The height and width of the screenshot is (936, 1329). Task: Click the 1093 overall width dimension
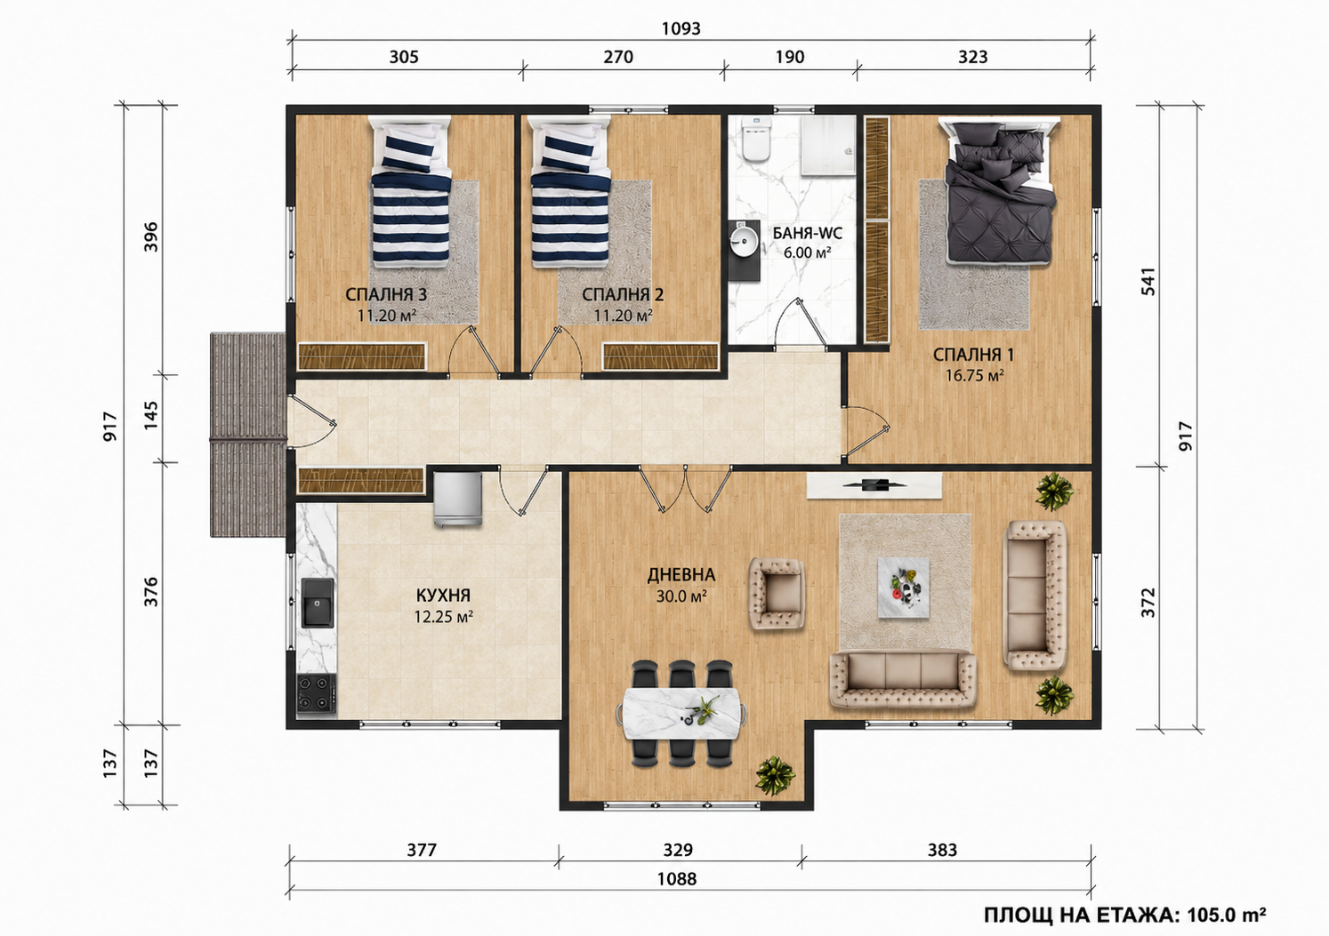tap(681, 28)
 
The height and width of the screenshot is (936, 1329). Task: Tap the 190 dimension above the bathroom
tap(790, 57)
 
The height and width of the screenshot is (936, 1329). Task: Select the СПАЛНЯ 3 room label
tap(386, 294)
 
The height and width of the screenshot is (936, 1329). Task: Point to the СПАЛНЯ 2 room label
tap(623, 294)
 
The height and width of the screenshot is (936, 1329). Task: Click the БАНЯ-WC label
tap(807, 234)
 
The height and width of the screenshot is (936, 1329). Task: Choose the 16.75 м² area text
tap(974, 375)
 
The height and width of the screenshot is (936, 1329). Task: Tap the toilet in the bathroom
tap(756, 140)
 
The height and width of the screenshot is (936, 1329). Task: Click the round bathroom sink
tap(743, 243)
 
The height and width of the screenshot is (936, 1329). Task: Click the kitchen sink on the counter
tap(318, 603)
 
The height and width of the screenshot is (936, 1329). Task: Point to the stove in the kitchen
tap(316, 694)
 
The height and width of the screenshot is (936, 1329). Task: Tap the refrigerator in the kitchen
tap(457, 498)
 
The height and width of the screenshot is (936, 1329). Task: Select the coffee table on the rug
tap(904, 588)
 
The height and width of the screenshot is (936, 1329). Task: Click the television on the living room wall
tap(874, 485)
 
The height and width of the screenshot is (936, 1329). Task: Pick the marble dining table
tap(680, 714)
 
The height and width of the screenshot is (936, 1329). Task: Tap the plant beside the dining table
tap(776, 775)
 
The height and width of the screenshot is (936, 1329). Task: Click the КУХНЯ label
tap(443, 596)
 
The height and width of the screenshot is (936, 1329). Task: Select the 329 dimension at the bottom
tap(678, 850)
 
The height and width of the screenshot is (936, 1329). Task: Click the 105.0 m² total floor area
tap(1226, 916)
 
